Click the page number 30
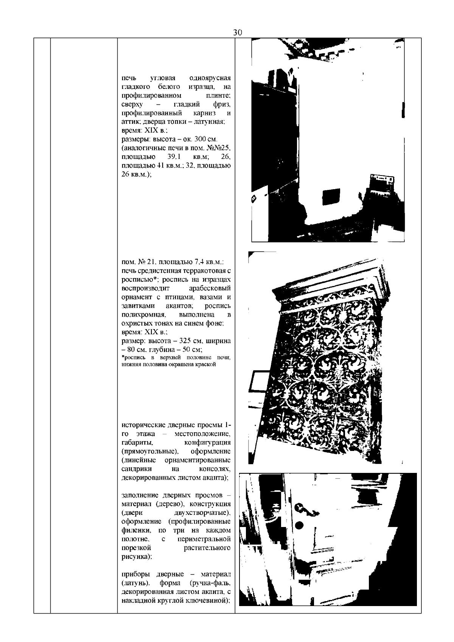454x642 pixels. pos(237,33)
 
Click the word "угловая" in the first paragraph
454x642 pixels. pos(163,79)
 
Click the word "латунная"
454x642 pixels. pos(212,122)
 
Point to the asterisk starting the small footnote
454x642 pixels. pos(123,357)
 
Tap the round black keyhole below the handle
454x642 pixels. pos(299,525)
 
